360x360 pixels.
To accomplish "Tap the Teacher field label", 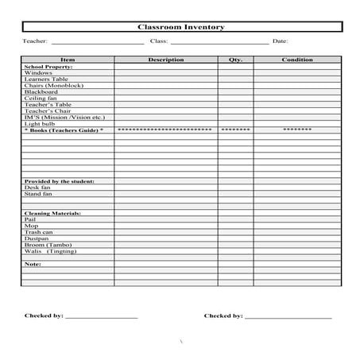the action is coord(35,41).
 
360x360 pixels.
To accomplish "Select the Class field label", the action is coord(158,41).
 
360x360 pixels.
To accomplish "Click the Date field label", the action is coord(280,41).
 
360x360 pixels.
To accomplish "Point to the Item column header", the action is coord(68,60).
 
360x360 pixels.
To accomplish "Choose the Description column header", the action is coord(166,60).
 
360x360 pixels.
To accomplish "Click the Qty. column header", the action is coord(235,60).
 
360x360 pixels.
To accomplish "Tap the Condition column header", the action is coord(296,60).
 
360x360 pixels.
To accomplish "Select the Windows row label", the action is coord(38,73).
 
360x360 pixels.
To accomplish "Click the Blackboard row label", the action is coord(41,92).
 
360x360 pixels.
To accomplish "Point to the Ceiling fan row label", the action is coord(40,99).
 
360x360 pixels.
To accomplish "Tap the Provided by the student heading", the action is coord(59,181).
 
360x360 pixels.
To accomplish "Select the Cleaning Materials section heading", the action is coord(52,213).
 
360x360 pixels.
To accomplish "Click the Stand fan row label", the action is coord(38,194).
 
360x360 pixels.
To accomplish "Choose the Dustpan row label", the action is coord(37,238).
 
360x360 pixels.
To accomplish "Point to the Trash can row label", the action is coord(39,232).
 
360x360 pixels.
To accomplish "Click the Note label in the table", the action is coord(33,264).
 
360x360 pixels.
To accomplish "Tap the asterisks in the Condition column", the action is coord(296,130).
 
